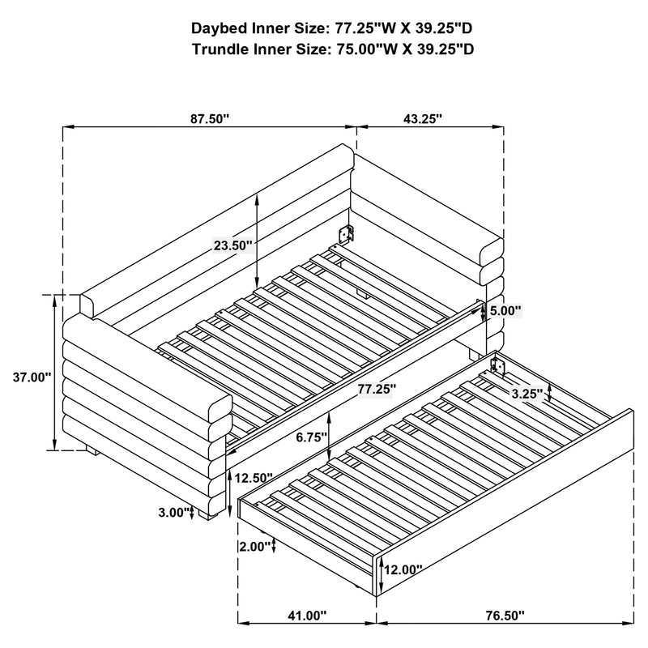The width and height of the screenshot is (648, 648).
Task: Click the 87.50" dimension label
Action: coord(211,118)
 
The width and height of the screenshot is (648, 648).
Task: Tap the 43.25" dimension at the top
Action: coord(422,118)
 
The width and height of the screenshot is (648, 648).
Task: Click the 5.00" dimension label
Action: coord(506,310)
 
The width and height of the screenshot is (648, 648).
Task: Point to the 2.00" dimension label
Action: coord(256,546)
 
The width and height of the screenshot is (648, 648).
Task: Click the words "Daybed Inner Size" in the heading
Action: coord(258,28)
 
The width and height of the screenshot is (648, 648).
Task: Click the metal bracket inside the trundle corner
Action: coord(499,368)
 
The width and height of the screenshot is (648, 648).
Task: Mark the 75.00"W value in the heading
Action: coord(365,49)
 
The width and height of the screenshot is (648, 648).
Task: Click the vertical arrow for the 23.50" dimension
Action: coord(257,235)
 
